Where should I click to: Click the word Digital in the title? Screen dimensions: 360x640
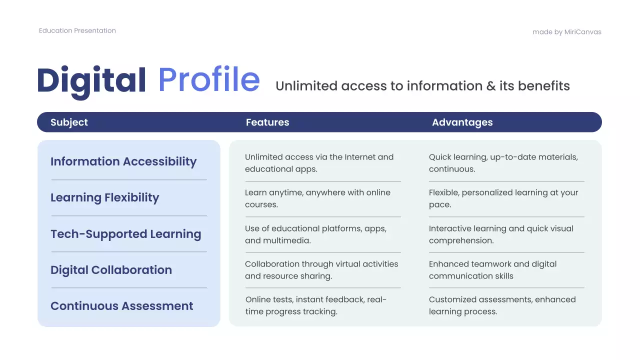coord(91,80)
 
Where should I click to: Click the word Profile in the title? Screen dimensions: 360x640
coord(209,80)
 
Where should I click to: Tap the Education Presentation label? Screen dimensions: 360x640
coord(77,30)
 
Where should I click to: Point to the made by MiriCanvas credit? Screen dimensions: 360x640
coord(567,32)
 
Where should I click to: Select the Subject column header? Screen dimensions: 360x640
coord(69,122)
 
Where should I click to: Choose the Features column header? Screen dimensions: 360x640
coord(267,122)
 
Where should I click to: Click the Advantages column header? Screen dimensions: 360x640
coord(462,122)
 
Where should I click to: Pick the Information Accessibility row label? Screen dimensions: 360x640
coord(123,161)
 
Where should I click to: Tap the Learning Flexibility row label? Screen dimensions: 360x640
coord(104,197)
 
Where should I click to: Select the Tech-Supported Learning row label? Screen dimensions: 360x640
coord(126,234)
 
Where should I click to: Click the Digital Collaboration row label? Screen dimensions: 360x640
coord(111,270)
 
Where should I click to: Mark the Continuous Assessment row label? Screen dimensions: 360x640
coord(122,306)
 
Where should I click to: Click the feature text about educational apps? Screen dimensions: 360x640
coord(319,163)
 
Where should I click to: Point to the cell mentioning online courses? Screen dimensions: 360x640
coord(317,198)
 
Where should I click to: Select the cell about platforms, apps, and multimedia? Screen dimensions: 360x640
coord(315,234)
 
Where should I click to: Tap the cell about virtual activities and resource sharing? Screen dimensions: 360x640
coord(321,270)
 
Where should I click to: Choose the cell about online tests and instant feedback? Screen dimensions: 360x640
coord(316,305)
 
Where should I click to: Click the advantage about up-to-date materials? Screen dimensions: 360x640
coord(503,163)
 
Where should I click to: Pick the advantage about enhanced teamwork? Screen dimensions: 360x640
coord(492,270)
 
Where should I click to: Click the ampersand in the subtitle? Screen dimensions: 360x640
coord(491,86)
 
